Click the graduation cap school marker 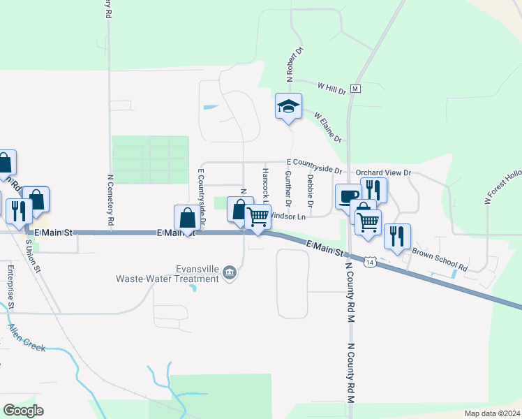click(288, 107)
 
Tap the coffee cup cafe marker click(348, 196)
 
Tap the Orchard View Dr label click(384, 172)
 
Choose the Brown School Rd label click(439, 259)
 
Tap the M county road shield click(355, 89)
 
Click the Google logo click(23, 411)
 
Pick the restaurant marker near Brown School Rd click(397, 236)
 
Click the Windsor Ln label click(289, 217)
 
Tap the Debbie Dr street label click(310, 189)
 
